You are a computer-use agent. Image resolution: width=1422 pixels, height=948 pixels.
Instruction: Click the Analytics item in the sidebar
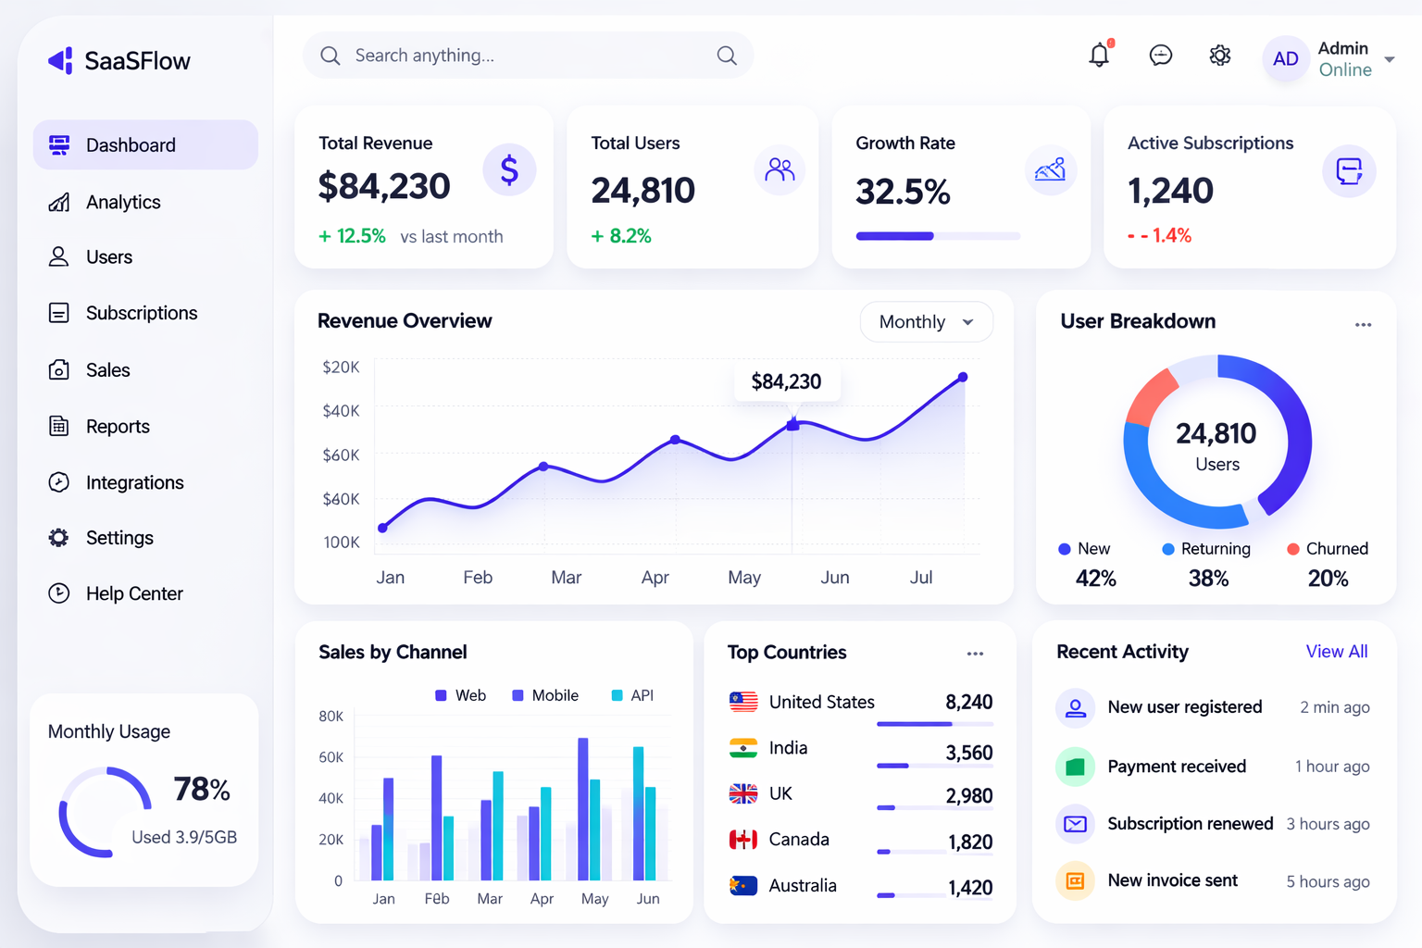tap(122, 202)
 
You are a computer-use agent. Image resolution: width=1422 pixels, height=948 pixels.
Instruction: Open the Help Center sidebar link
tap(133, 593)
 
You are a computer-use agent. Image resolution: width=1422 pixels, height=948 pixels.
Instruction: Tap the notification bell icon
tap(1099, 56)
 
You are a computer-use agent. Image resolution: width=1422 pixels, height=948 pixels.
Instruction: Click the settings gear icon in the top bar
tap(1220, 56)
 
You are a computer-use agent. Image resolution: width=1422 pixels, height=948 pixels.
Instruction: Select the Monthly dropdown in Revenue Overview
tap(926, 322)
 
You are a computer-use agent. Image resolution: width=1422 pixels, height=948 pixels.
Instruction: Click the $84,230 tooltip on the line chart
tap(786, 381)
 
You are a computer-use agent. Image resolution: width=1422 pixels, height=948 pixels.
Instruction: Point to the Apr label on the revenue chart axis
tap(655, 578)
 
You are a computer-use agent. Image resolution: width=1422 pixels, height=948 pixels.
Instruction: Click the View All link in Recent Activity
tap(1336, 652)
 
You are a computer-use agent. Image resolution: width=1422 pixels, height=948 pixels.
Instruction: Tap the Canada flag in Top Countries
tap(742, 840)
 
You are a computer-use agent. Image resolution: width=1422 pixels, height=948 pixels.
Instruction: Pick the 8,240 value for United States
tap(968, 702)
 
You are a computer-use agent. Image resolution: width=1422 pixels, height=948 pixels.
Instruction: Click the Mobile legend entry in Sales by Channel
tap(545, 695)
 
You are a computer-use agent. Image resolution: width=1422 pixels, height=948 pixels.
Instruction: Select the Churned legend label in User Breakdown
tap(1336, 549)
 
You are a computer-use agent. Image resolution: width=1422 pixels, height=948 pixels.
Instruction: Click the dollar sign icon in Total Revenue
tap(509, 170)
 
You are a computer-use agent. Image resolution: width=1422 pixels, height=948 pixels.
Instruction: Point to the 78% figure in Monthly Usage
tap(202, 789)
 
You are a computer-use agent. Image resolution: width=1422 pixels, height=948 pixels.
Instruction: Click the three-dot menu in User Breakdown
tap(1363, 325)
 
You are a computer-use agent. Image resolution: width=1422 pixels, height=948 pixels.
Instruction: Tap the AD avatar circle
tap(1285, 59)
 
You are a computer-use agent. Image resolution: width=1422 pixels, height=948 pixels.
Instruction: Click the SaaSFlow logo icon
tap(60, 61)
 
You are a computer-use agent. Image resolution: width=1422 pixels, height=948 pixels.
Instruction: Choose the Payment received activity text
tap(1177, 767)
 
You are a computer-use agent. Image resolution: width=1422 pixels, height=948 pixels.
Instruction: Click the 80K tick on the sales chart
tap(331, 717)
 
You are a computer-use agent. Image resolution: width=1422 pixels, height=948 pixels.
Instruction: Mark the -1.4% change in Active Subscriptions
tap(1160, 236)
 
